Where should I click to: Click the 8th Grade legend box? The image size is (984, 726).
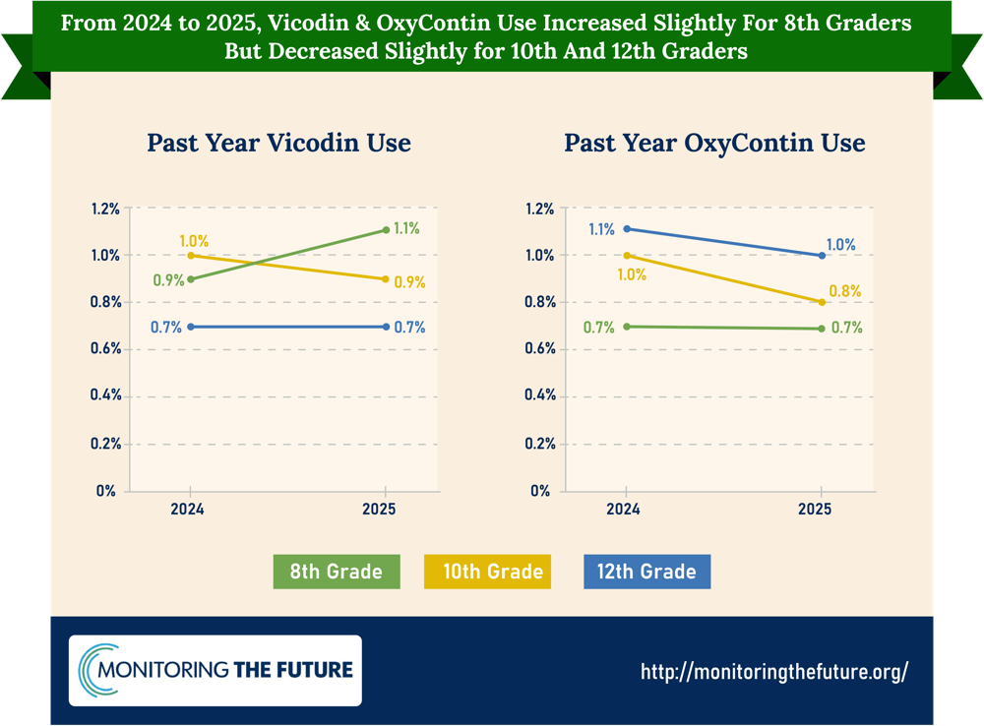[x=337, y=572]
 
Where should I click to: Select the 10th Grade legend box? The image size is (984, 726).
[x=488, y=572]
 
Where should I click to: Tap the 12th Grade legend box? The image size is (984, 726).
[x=647, y=572]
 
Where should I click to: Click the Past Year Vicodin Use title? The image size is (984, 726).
[x=279, y=143]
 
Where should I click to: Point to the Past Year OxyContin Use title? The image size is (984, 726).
[x=714, y=143]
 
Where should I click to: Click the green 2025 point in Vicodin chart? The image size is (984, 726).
[x=386, y=230]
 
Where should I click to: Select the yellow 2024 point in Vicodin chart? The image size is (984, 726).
[x=191, y=256]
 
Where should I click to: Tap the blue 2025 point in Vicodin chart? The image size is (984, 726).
[x=386, y=327]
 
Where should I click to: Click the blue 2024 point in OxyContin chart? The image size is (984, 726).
[x=627, y=229]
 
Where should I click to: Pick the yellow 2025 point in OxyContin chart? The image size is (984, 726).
[x=822, y=302]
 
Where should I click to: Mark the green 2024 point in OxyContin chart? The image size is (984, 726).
[x=627, y=327]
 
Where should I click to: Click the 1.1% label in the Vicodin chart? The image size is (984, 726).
[x=406, y=228]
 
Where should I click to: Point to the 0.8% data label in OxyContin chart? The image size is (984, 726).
[x=844, y=291]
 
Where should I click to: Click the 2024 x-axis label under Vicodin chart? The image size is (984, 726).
[x=187, y=509]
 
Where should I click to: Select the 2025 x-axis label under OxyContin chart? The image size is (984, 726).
[x=815, y=509]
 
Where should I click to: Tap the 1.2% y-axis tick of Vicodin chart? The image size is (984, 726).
[x=105, y=209]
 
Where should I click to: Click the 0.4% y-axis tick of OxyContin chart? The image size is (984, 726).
[x=540, y=395]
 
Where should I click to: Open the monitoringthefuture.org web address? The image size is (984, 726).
[x=774, y=672]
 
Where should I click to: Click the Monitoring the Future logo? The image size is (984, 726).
[x=215, y=670]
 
